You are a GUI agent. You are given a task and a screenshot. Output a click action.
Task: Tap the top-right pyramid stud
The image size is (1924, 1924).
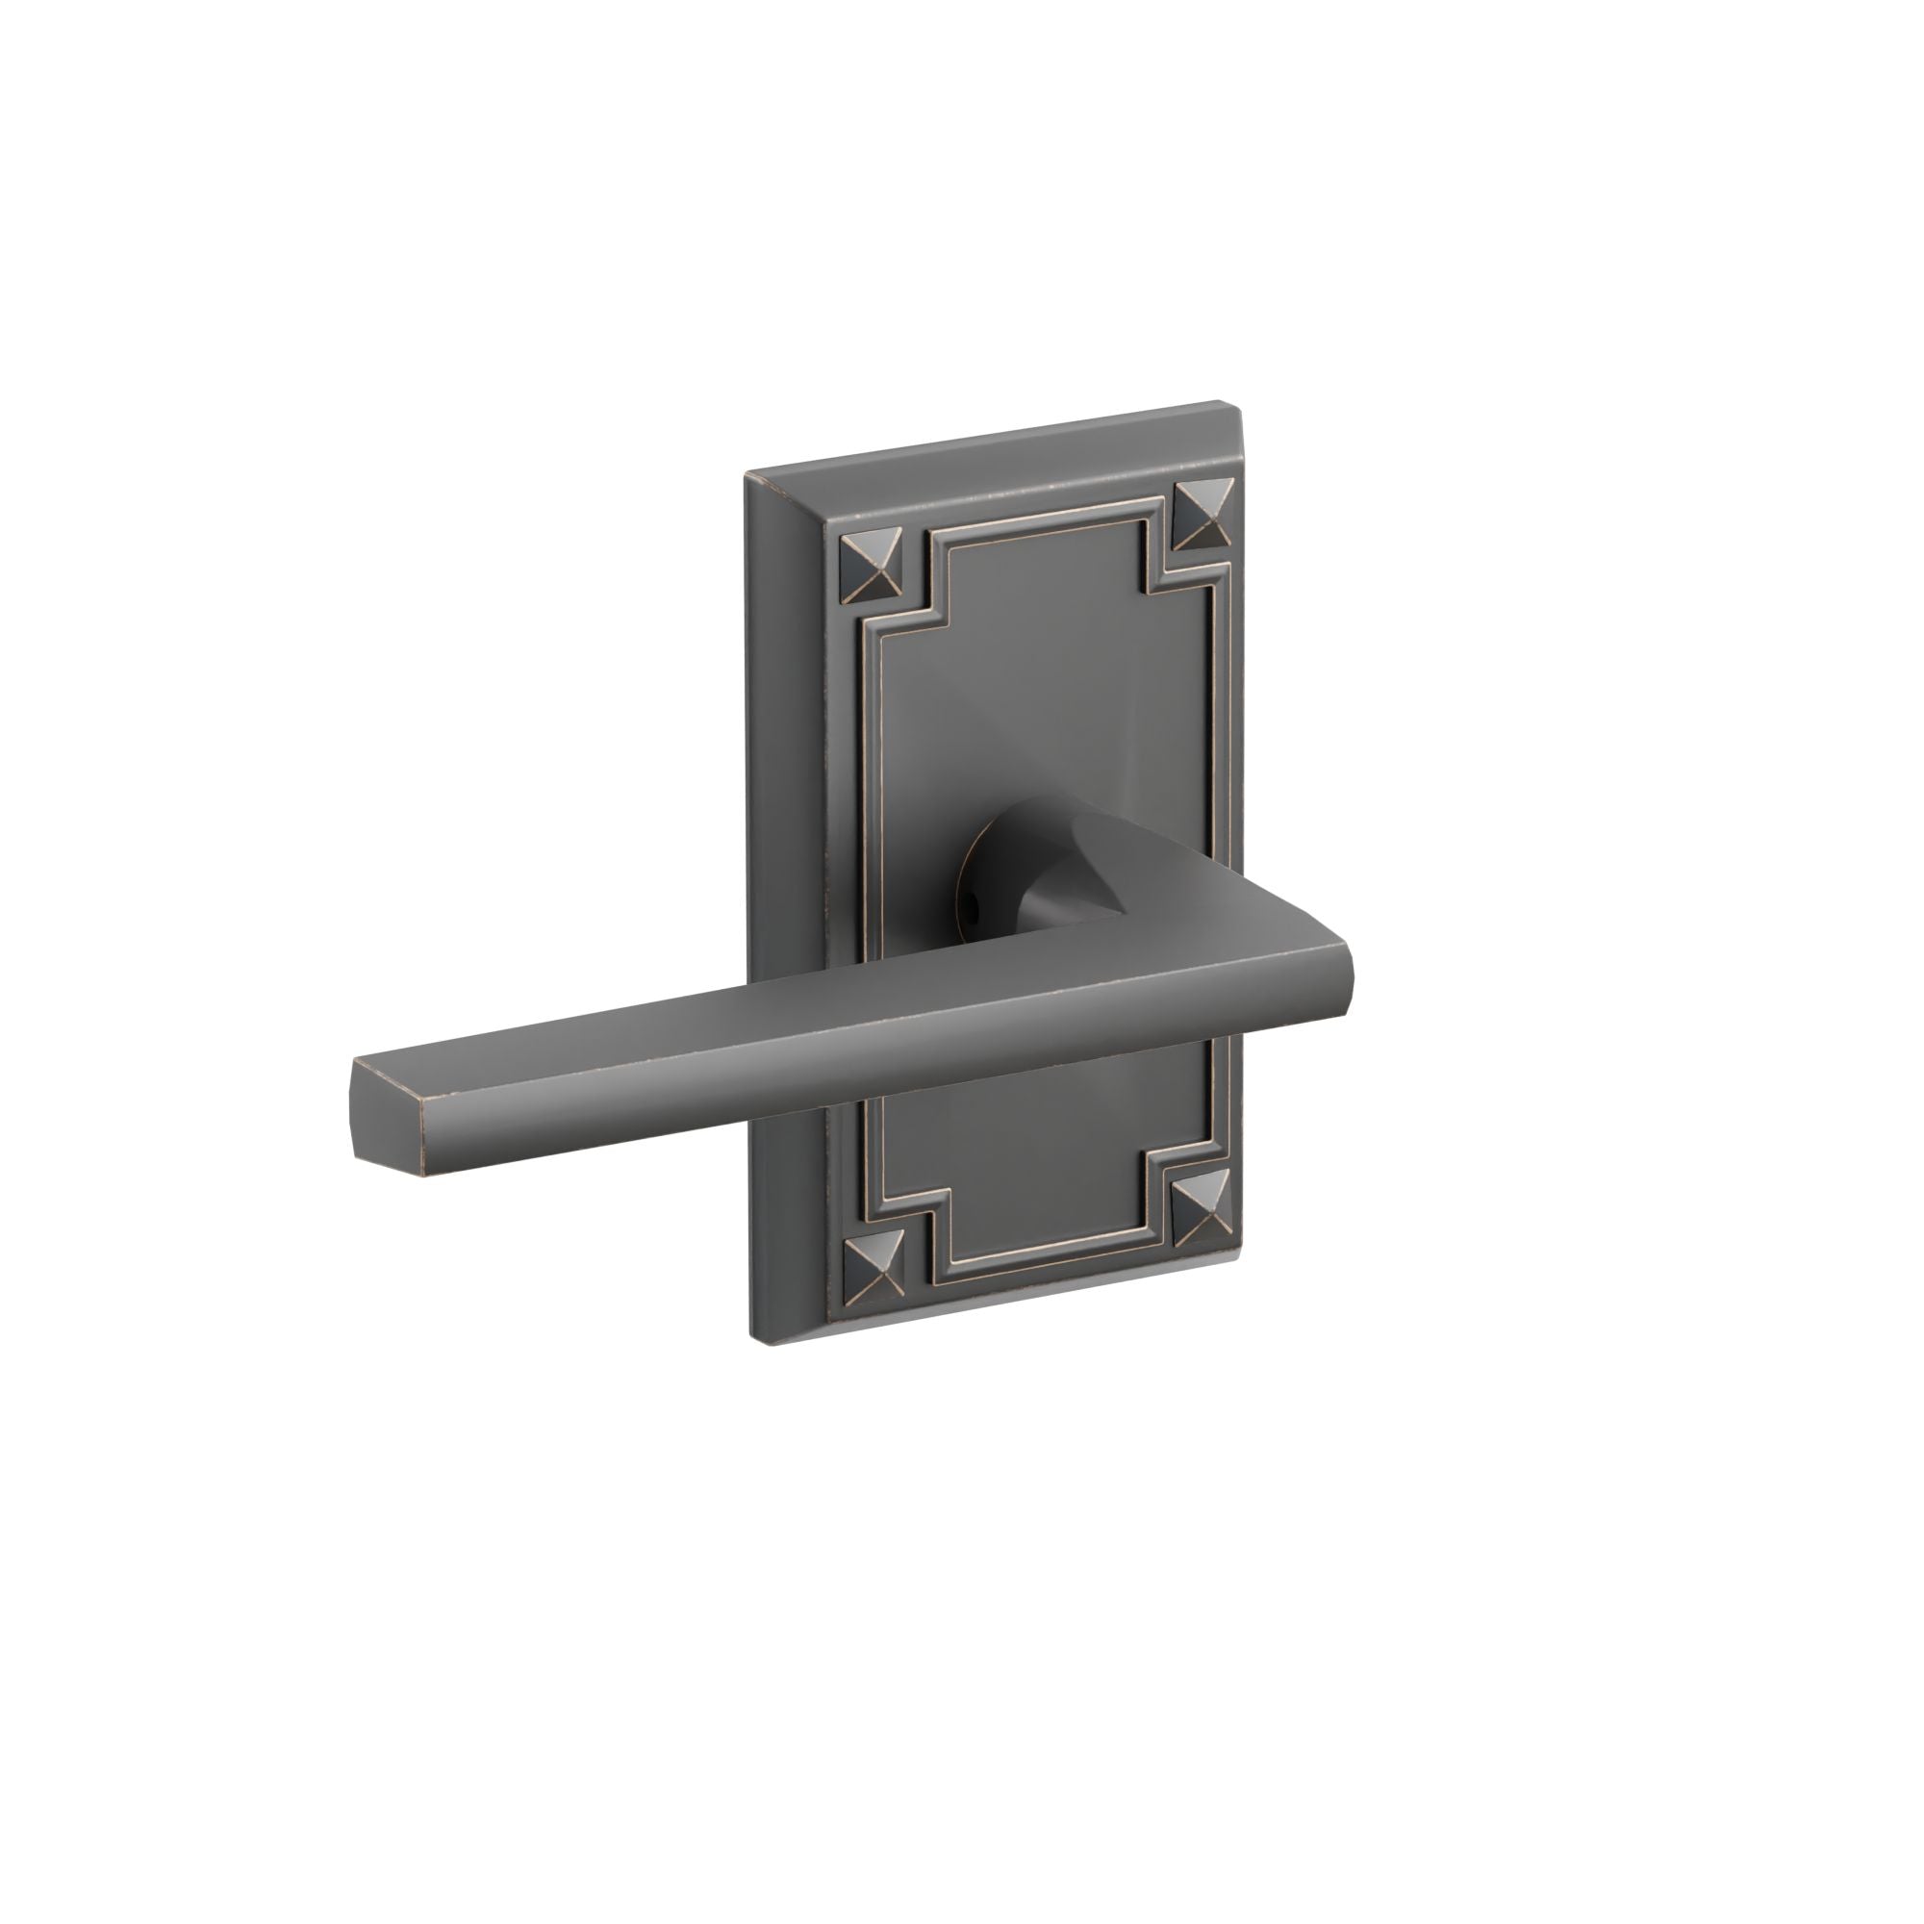(1204, 515)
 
